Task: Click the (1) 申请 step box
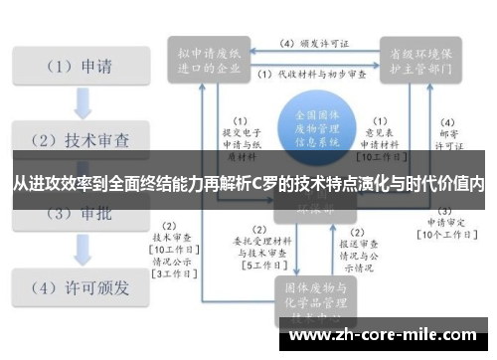74,69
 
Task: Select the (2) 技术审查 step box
74,139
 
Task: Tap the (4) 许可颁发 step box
74,288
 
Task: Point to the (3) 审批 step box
74,212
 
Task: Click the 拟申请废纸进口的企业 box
208,59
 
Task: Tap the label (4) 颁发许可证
315,44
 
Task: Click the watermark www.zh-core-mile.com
387,336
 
